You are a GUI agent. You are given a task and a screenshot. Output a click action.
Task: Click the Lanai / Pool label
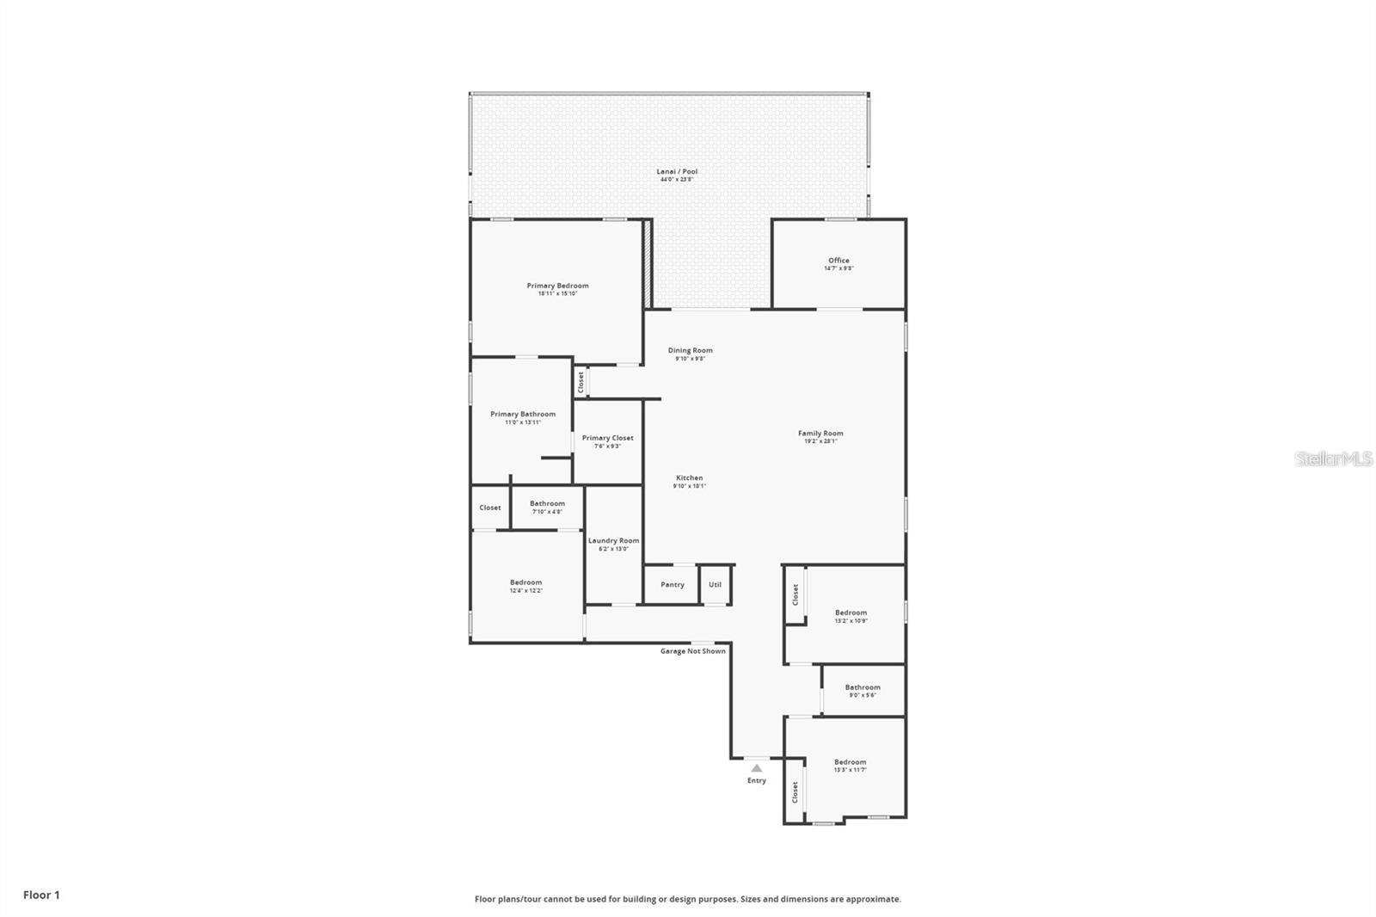point(677,172)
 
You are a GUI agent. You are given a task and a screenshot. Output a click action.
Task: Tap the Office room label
point(838,261)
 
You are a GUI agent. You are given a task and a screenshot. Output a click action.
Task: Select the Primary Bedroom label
point(557,286)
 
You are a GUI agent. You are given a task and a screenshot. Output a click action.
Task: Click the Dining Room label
point(690,350)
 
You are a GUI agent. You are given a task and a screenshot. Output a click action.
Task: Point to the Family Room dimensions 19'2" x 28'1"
point(820,441)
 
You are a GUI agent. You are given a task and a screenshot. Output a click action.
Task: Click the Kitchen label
point(689,478)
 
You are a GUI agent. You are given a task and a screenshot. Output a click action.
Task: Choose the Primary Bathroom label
point(523,415)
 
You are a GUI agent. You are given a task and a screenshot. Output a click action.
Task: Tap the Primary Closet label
point(607,438)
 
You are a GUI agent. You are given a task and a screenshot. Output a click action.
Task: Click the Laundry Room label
point(613,541)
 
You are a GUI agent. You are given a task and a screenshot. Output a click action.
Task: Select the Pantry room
point(673,585)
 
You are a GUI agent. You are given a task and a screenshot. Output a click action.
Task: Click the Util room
point(715,585)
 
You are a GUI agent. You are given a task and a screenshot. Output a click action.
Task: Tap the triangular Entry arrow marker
point(756,768)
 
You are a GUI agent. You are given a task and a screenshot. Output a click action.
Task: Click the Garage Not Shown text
point(692,651)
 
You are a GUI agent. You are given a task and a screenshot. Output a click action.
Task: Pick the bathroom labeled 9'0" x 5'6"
point(862,691)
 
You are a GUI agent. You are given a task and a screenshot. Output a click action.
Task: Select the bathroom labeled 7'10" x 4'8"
point(547,508)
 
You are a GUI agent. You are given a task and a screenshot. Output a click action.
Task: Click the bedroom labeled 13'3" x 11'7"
point(850,766)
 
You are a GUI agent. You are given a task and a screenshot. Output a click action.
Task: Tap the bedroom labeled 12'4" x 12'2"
point(525,586)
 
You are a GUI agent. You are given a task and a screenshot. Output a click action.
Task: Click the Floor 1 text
point(41,895)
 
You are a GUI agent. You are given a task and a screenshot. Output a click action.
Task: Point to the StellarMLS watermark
point(1334,459)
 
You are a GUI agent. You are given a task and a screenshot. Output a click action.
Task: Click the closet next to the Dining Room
point(581,382)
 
